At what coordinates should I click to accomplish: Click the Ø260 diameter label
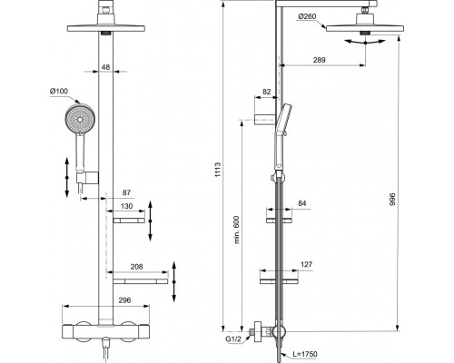[307, 16]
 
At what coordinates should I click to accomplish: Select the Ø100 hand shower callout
[59, 91]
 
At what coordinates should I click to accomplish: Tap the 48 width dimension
[105, 67]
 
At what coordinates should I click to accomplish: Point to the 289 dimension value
[320, 60]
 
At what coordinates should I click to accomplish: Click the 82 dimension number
[267, 92]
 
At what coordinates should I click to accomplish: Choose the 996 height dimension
[392, 200]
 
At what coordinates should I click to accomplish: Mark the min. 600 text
[237, 230]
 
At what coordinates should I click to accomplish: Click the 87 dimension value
[126, 192]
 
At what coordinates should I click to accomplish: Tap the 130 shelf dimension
[126, 206]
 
